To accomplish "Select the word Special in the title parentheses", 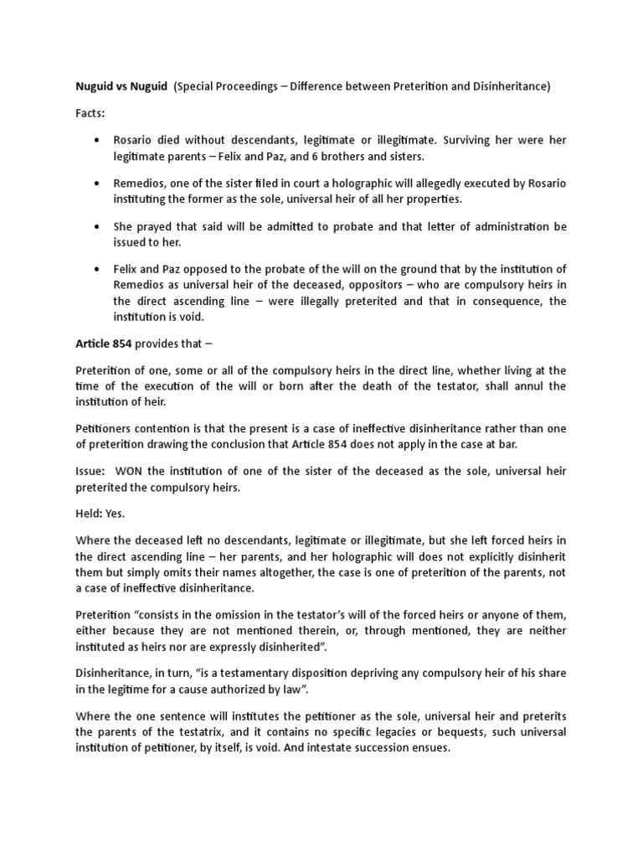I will click(199, 88).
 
